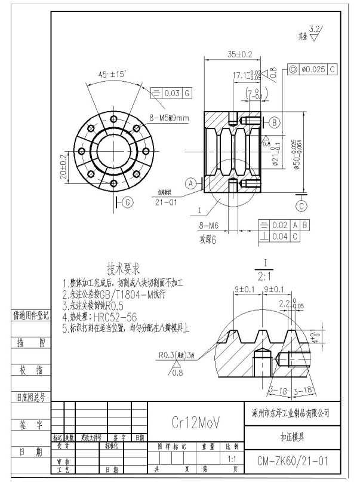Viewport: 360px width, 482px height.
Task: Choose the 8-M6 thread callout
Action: click(209, 227)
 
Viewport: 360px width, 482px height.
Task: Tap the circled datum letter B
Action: click(275, 122)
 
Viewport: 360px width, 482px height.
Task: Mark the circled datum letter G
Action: click(127, 202)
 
